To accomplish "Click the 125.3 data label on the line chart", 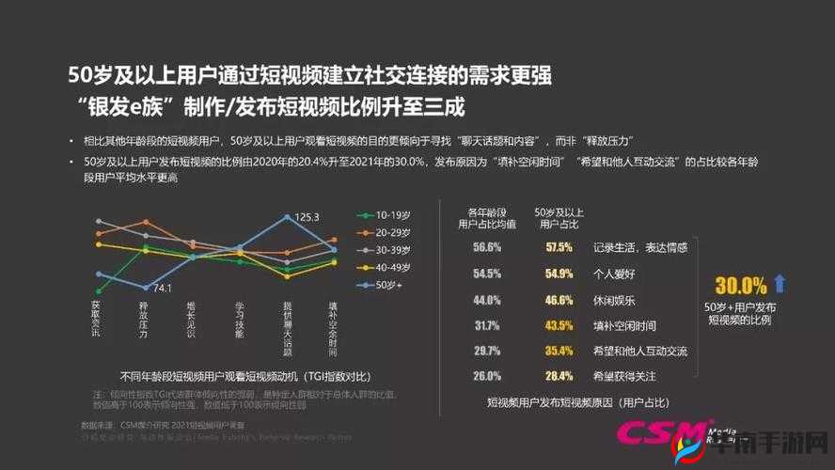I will [x=307, y=216].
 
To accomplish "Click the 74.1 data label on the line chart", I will [x=161, y=288].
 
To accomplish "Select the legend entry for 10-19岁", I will [x=386, y=214].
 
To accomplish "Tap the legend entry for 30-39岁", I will [x=386, y=249].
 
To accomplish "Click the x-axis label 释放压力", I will [x=144, y=321].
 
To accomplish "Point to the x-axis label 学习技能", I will [x=239, y=321].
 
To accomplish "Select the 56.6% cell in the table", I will [x=486, y=247].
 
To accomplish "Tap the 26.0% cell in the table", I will [x=486, y=376].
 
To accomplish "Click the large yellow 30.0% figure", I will [x=740, y=286].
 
